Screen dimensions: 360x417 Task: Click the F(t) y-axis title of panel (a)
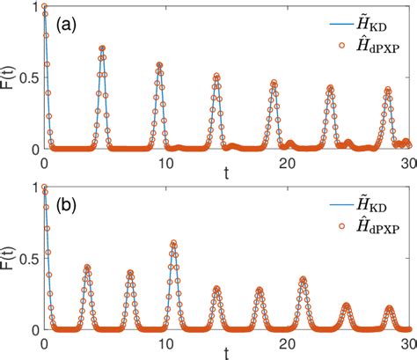tap(9, 77)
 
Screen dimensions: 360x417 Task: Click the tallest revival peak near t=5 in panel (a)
tap(102, 48)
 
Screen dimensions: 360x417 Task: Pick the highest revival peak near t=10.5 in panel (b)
tap(173, 243)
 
